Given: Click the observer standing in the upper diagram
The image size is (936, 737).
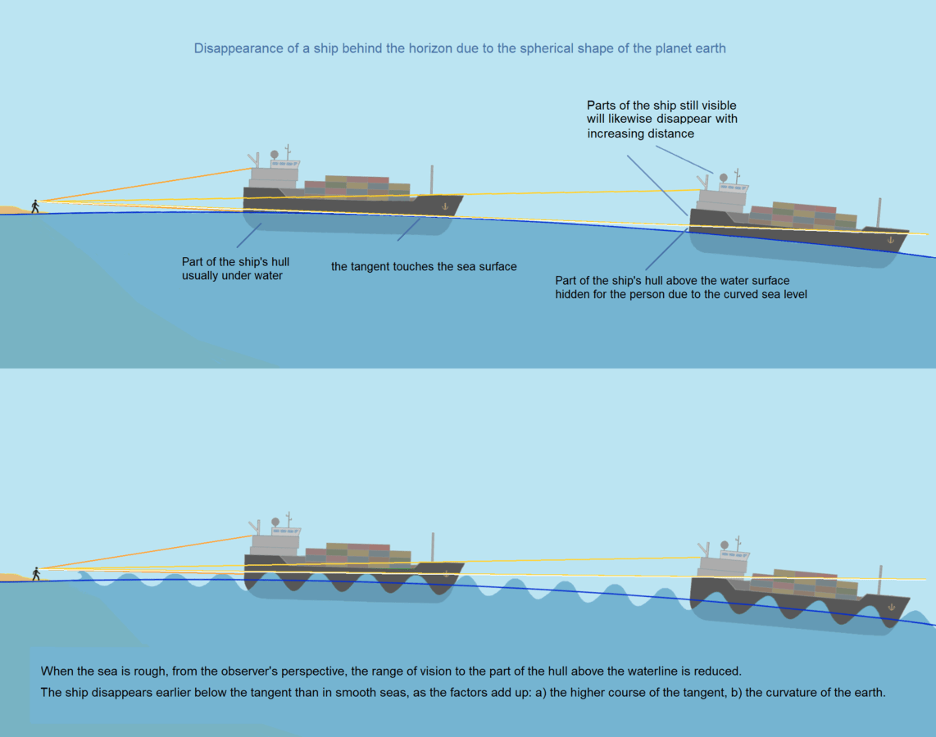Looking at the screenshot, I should [x=35, y=206].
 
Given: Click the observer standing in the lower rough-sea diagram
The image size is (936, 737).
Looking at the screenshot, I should [x=35, y=573].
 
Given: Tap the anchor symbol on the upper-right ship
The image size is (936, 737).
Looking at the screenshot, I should [x=891, y=240].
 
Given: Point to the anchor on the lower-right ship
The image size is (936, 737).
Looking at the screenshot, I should [x=891, y=607].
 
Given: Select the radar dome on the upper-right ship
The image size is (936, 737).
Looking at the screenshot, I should [x=723, y=178].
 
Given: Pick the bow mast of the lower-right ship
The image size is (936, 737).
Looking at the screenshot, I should [x=879, y=580].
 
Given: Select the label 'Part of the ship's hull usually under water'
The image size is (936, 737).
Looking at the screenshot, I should [x=235, y=269].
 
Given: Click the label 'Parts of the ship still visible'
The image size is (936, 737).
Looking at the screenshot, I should [x=661, y=106].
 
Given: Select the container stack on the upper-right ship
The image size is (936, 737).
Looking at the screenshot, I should [x=803, y=216].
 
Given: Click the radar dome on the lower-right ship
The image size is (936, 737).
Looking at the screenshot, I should [x=724, y=545].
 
